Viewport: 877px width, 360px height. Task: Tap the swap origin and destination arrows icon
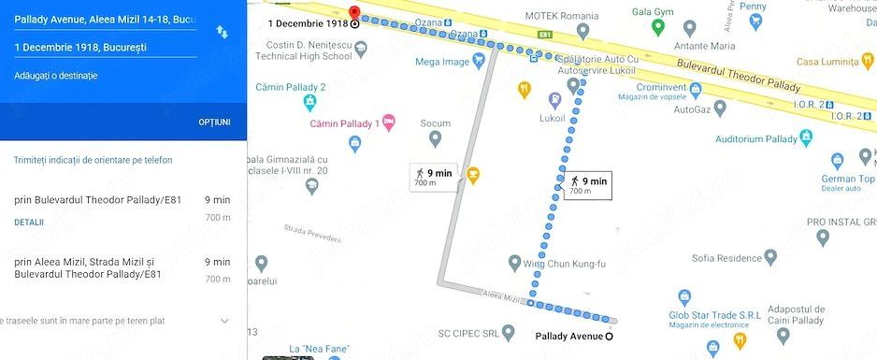(x=222, y=32)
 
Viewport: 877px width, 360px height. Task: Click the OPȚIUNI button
(x=214, y=122)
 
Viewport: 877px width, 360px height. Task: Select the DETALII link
(x=29, y=223)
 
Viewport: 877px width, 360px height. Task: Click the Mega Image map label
(x=442, y=63)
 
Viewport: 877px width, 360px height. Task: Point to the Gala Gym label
(x=680, y=12)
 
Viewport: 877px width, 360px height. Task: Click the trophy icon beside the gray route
(x=473, y=174)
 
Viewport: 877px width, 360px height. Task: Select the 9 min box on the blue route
(x=588, y=185)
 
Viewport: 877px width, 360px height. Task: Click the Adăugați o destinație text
(x=56, y=76)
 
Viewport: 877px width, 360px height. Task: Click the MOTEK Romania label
(x=561, y=16)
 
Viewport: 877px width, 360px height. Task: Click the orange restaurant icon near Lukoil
(x=525, y=90)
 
